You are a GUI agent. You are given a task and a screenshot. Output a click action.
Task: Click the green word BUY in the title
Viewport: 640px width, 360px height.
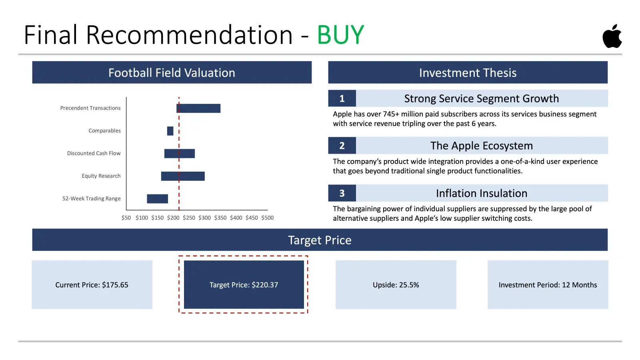[340, 35]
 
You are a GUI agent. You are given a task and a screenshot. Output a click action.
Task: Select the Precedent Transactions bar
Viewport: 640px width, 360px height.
[198, 108]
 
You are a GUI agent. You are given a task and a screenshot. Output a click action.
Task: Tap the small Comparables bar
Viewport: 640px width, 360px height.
[170, 131]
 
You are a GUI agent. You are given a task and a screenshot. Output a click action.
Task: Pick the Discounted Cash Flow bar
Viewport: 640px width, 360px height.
[180, 154]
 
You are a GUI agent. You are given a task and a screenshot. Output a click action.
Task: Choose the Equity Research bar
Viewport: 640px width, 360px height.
[183, 176]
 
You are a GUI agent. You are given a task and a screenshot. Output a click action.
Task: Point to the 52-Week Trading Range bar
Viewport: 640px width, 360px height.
[158, 198]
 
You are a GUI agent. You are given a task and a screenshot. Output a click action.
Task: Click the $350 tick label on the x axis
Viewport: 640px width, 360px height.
[220, 218]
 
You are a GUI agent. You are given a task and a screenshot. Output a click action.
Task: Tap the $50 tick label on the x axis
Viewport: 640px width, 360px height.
[126, 218]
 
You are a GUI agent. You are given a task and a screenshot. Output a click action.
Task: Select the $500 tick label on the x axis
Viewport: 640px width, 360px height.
[268, 218]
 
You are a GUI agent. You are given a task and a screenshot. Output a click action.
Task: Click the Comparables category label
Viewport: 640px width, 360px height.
[104, 130]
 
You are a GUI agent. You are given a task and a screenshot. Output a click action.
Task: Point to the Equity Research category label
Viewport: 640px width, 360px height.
[101, 176]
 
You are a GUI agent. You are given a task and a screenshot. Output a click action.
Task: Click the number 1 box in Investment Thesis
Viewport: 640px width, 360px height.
[342, 98]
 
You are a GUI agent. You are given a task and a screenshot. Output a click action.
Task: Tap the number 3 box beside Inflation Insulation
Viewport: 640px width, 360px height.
[342, 193]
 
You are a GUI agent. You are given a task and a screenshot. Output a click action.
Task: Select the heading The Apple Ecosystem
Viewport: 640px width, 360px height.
[482, 146]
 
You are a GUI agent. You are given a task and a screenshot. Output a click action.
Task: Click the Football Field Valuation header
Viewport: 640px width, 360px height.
[172, 72]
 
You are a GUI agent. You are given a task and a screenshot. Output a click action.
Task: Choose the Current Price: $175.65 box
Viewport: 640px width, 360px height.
[92, 284]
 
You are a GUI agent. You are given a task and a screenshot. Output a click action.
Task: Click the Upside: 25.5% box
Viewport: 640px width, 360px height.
[396, 284]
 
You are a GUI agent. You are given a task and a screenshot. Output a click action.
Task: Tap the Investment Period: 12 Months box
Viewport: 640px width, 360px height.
[548, 284]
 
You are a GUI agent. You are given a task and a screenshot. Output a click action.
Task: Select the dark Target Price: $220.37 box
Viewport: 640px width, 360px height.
[244, 284]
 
